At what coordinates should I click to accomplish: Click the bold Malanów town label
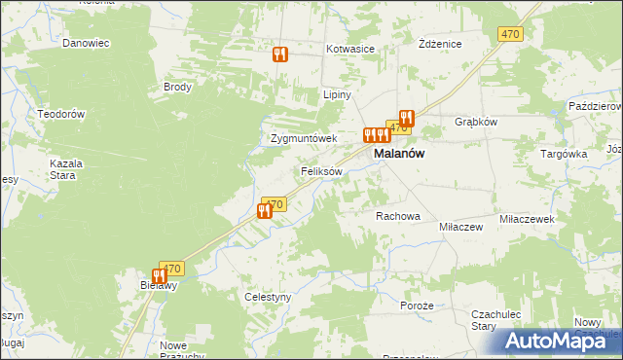(x=399, y=154)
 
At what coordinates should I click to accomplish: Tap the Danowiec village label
(x=85, y=43)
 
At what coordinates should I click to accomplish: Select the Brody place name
(x=178, y=87)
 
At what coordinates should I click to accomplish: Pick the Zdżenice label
(x=439, y=45)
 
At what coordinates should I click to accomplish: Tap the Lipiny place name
(x=336, y=95)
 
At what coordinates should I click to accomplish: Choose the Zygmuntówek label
(x=303, y=138)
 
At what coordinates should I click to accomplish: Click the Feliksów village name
(x=321, y=171)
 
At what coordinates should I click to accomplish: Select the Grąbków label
(x=476, y=122)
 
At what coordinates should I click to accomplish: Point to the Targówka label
(x=564, y=154)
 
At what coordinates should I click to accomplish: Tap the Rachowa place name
(x=397, y=216)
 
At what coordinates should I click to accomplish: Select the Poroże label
(x=416, y=305)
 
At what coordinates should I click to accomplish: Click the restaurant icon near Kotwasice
(x=280, y=54)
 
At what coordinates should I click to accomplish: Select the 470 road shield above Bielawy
(x=171, y=269)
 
